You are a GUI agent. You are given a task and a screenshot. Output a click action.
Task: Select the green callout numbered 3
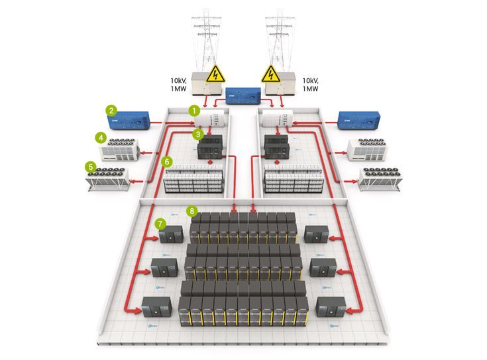point(197,134)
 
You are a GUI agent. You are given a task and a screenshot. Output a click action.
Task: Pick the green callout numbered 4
point(101,138)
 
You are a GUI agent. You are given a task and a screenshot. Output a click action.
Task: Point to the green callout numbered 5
point(90,166)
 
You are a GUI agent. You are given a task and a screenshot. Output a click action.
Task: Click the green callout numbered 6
point(168,161)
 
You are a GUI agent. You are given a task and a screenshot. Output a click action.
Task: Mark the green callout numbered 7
point(160,223)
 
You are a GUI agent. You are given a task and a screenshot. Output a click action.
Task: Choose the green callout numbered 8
point(192,211)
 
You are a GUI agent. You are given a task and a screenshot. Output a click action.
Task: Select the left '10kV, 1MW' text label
point(181,84)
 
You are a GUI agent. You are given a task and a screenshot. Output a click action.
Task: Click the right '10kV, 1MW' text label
point(310,84)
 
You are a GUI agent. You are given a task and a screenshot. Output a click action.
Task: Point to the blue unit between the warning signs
point(243,96)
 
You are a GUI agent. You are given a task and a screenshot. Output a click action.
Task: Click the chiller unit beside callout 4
point(120,149)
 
